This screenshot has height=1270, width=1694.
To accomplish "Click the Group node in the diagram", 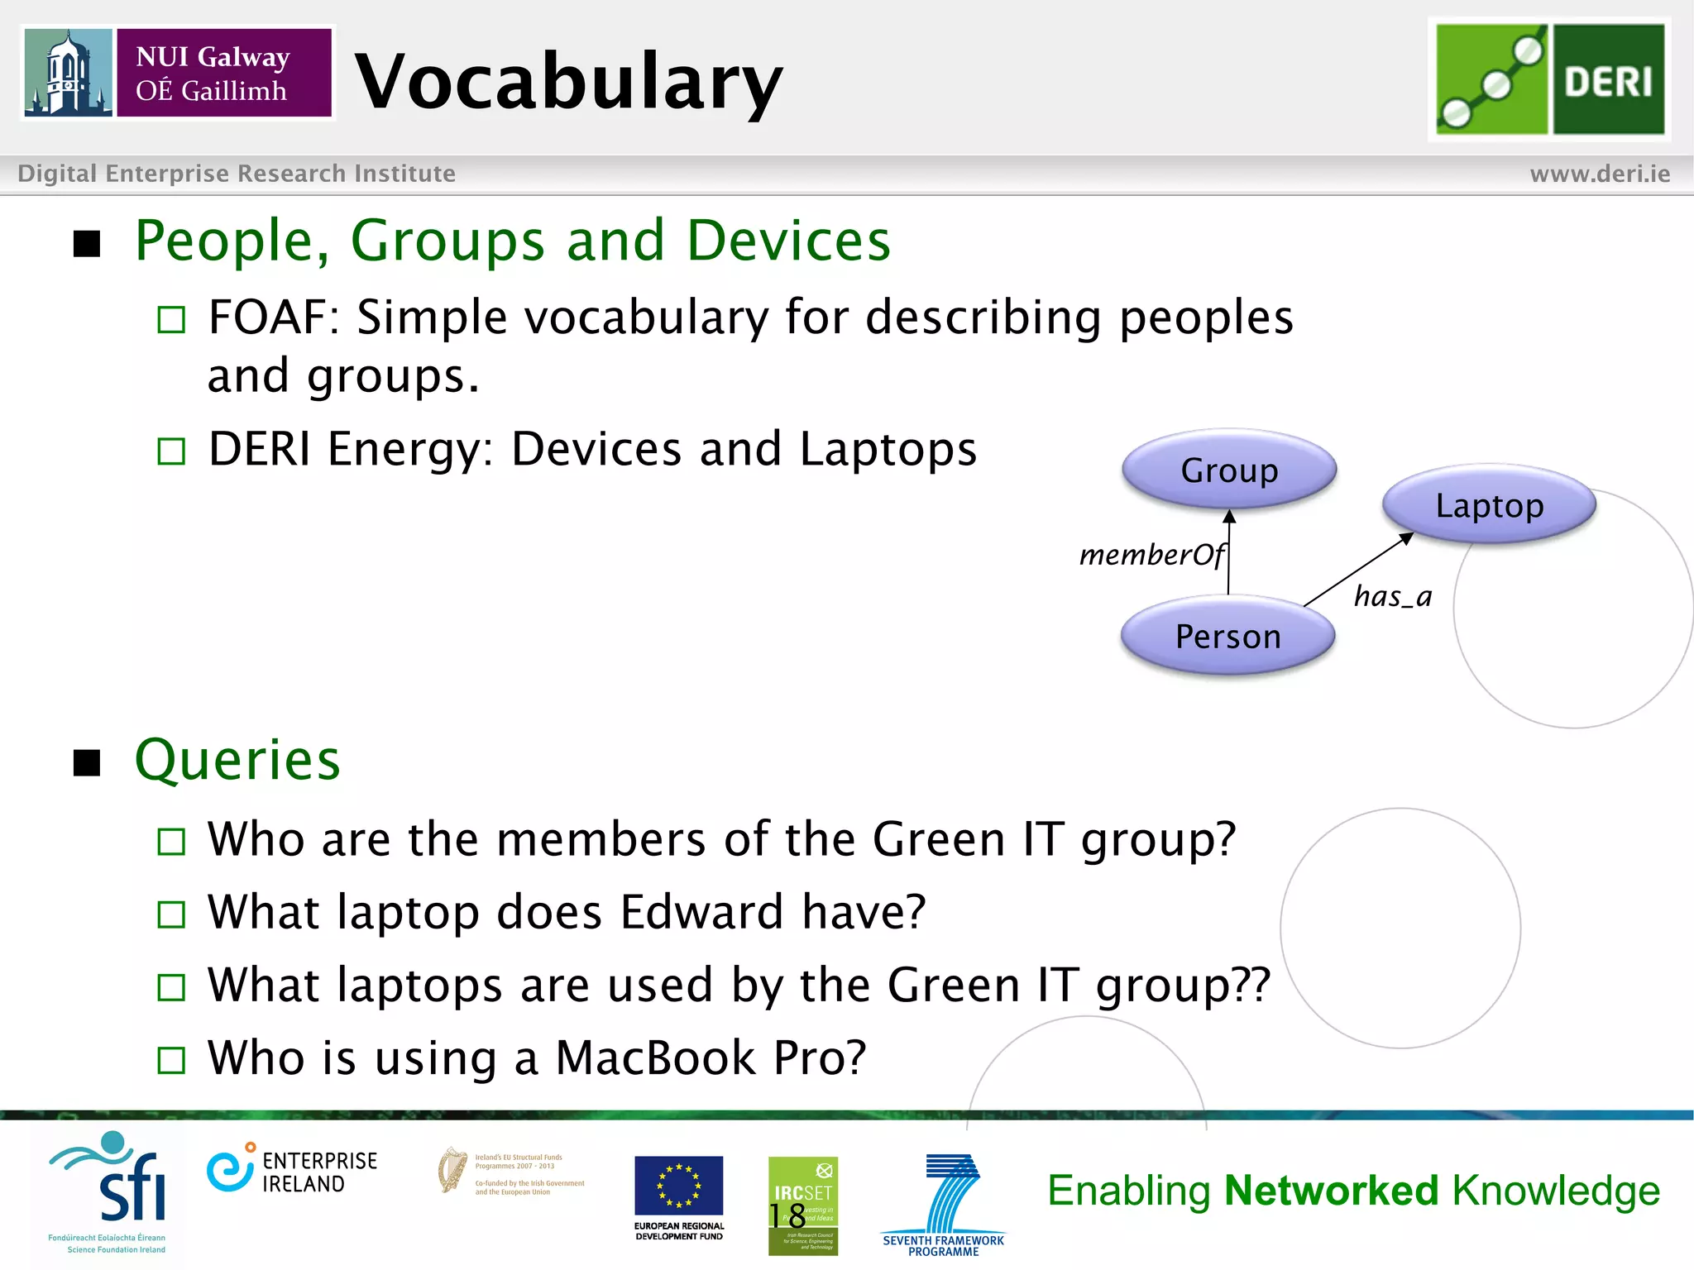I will click(1229, 470).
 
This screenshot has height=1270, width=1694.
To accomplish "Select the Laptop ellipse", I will click(1489, 505).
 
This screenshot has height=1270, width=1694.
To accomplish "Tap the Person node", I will click(1228, 636).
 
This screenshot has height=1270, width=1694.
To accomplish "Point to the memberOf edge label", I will click(1151, 555).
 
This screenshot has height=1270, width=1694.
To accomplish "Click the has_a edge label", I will click(1393, 596).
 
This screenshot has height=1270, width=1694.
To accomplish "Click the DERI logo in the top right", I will click(1549, 79).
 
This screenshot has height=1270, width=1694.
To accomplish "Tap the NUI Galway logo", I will click(178, 74).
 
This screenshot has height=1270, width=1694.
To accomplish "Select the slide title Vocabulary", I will click(568, 81).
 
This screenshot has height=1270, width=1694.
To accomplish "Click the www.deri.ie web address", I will click(1600, 174).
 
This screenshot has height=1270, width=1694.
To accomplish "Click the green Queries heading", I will click(237, 760).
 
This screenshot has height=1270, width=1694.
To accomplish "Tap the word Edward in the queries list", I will click(701, 912).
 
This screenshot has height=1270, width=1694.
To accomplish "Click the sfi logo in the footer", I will click(116, 1182).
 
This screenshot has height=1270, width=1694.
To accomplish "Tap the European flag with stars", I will click(678, 1186).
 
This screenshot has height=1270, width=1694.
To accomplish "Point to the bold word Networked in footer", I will click(1331, 1191).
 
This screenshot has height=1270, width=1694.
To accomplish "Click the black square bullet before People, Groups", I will click(87, 244).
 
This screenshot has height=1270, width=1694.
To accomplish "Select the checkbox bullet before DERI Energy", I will click(171, 451).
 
